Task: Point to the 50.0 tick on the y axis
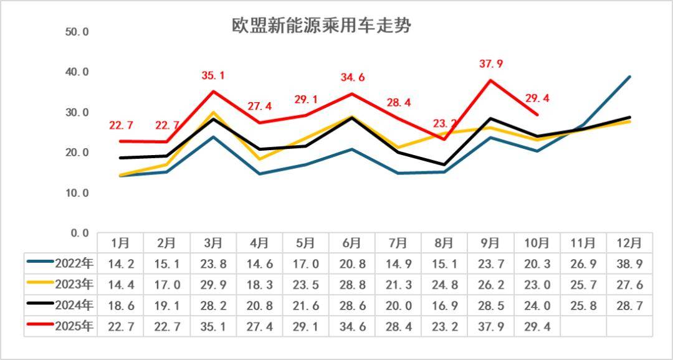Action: (77, 32)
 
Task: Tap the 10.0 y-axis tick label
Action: (77, 193)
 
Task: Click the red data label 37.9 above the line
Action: (491, 64)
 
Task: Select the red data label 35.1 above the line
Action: (213, 76)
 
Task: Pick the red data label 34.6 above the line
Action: (353, 78)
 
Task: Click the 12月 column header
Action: (629, 242)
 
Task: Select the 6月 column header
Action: (353, 242)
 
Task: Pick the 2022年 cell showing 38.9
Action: (629, 263)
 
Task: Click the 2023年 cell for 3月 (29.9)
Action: (213, 285)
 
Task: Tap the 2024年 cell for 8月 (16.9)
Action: (445, 305)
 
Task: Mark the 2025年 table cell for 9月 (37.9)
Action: (491, 326)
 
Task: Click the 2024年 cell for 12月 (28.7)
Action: (629, 305)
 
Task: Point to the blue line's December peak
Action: (629, 77)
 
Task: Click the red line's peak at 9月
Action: (491, 80)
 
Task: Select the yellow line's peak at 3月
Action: (213, 113)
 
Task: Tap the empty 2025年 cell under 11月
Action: (583, 326)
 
